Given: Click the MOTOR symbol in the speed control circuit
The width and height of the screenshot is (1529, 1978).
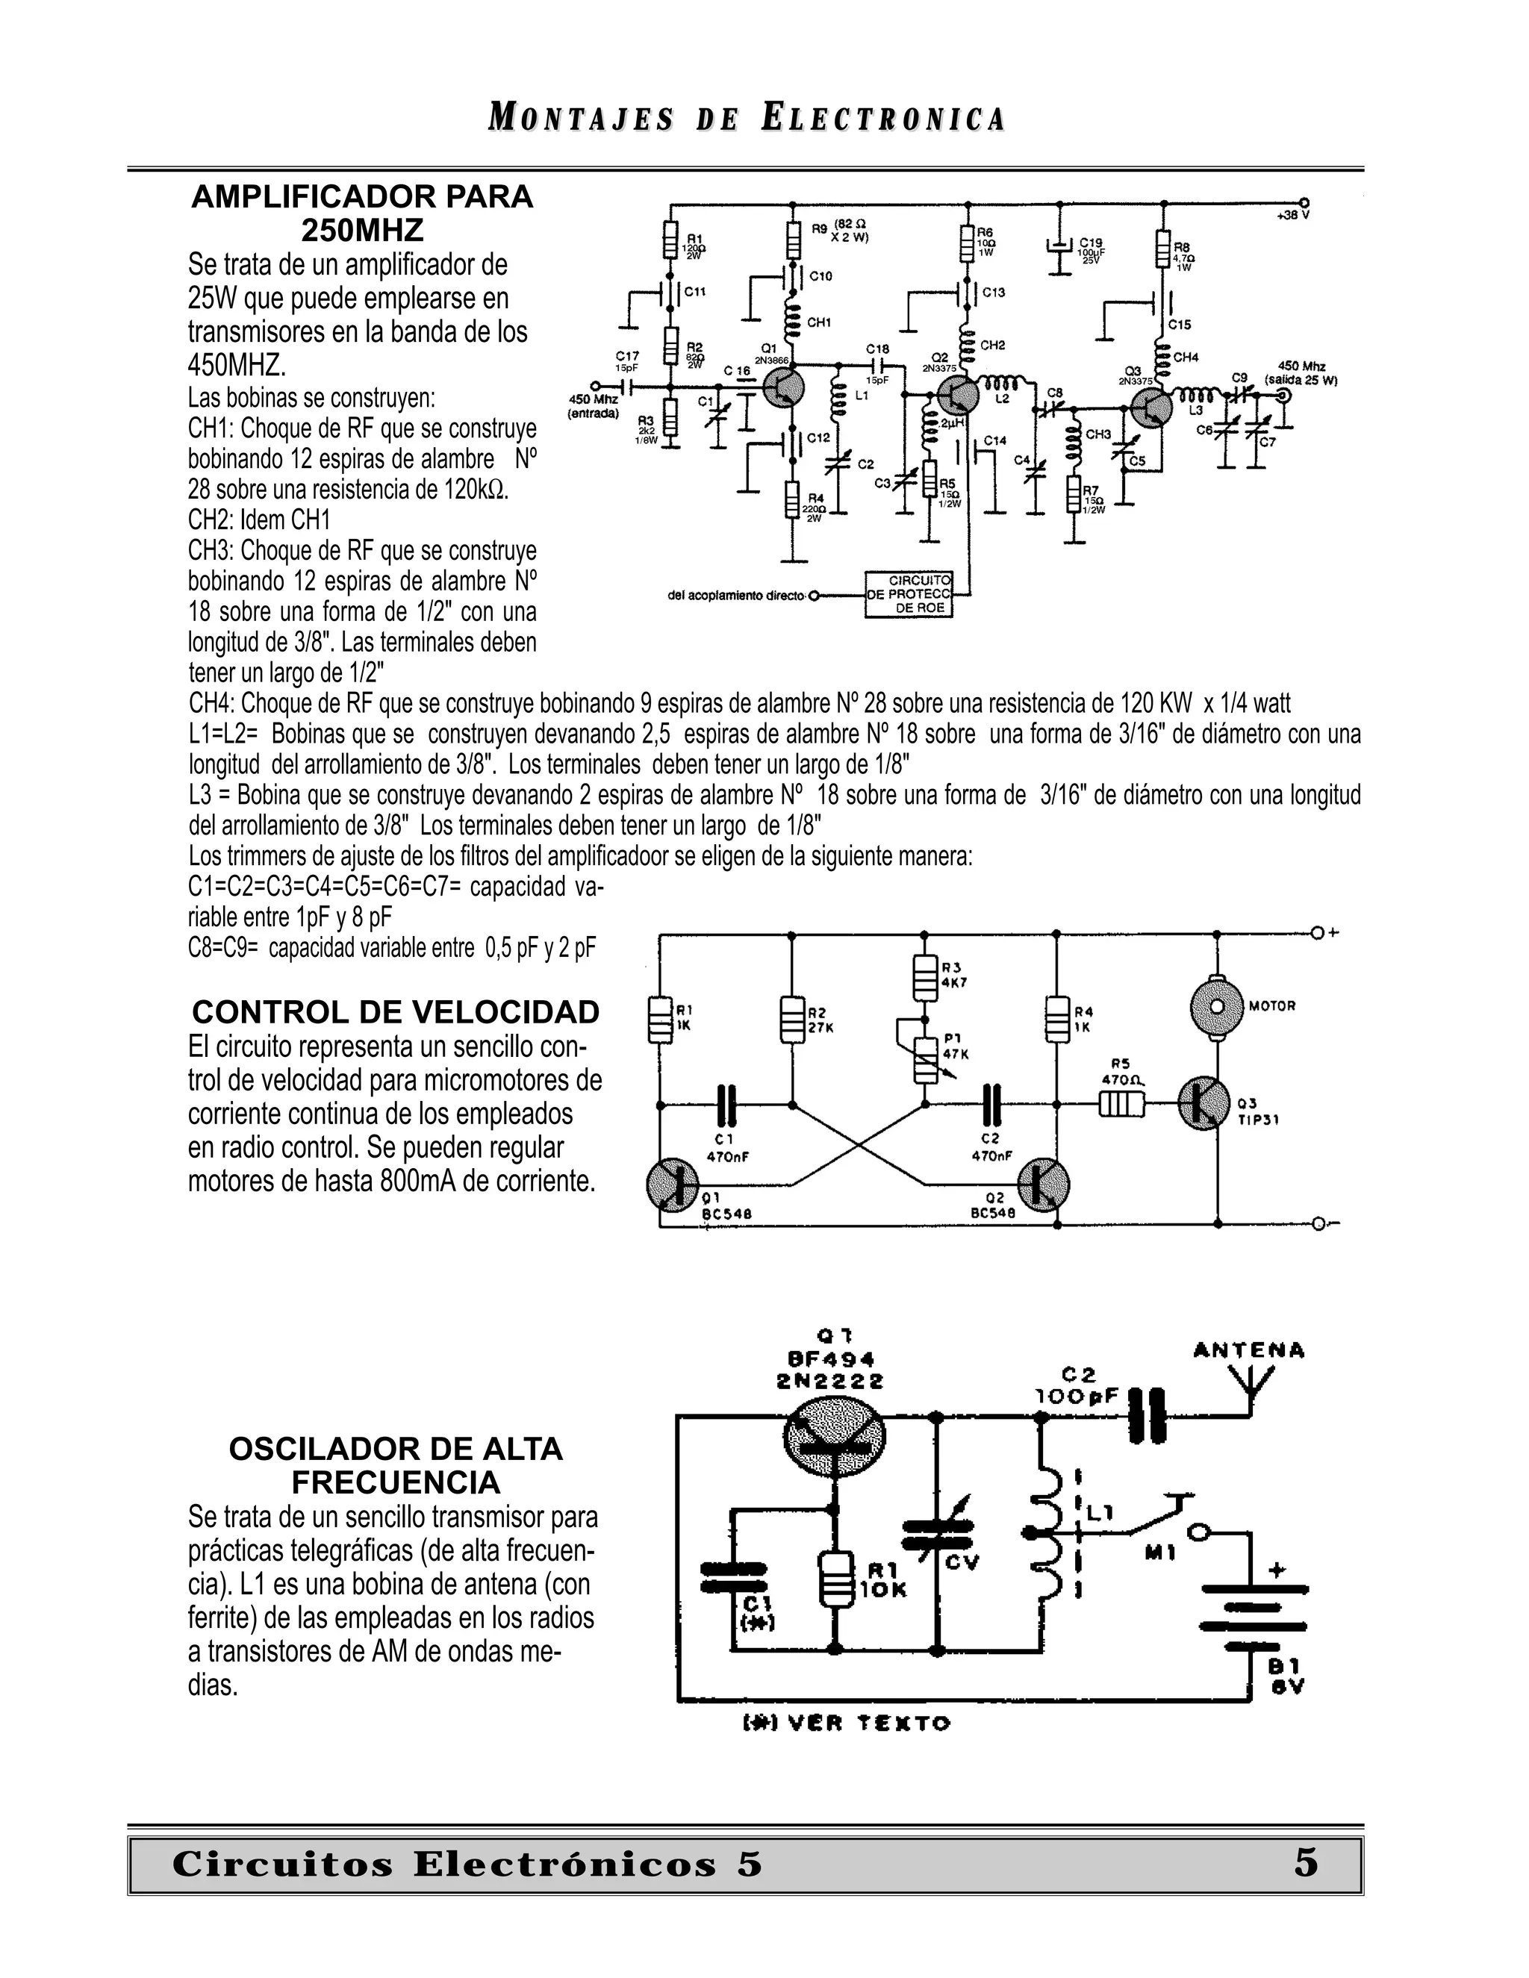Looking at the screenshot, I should [x=1215, y=1005].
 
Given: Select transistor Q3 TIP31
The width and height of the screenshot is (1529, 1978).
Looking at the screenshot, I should [x=1203, y=1103].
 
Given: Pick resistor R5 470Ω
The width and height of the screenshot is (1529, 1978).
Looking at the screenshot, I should [x=1121, y=1105].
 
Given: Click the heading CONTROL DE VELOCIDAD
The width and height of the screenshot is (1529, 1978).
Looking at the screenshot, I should [x=396, y=1011].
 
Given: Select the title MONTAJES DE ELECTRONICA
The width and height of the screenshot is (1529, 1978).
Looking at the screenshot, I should [x=747, y=119].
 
